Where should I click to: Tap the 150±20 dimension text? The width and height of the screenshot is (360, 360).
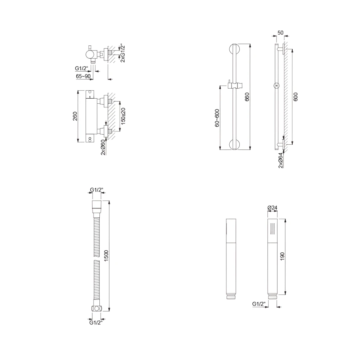click(x=123, y=116)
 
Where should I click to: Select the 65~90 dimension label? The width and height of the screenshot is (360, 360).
click(x=84, y=76)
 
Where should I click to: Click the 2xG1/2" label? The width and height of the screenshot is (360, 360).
click(x=123, y=54)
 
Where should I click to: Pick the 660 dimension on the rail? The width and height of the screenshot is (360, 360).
click(x=247, y=97)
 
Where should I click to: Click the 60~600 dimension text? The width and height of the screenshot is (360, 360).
click(x=217, y=118)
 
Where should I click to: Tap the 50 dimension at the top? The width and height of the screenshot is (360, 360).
click(x=280, y=33)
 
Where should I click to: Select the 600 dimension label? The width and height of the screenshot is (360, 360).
click(x=296, y=96)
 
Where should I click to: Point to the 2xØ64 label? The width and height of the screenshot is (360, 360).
click(x=280, y=160)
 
